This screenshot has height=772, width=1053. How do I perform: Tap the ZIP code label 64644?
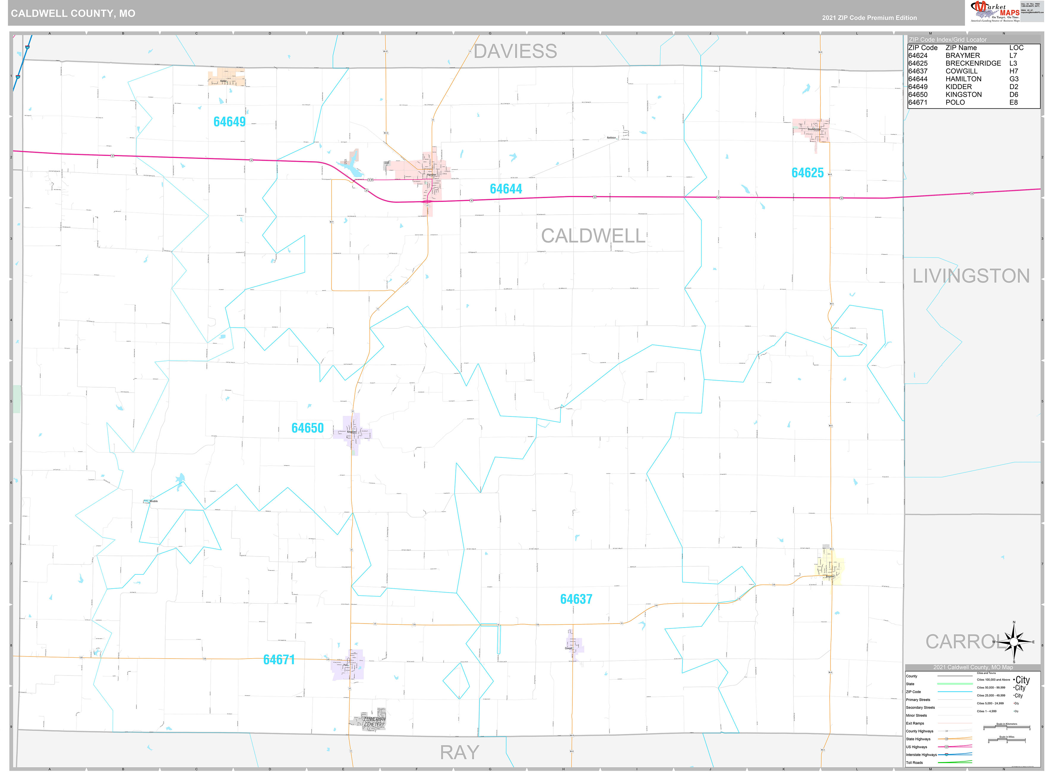click(x=506, y=189)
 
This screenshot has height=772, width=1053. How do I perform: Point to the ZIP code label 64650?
click(x=307, y=428)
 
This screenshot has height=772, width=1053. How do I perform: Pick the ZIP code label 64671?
click(x=279, y=659)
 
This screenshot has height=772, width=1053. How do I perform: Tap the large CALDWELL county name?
click(x=593, y=236)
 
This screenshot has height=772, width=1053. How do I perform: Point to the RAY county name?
click(x=460, y=752)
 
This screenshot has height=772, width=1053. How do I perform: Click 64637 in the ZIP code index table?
click(x=918, y=71)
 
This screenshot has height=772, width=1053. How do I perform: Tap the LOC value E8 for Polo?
click(x=1013, y=102)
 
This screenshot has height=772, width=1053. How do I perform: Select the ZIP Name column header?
click(x=961, y=48)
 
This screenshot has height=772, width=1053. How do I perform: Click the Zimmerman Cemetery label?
click(x=374, y=722)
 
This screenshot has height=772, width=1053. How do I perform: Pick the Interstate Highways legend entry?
click(x=921, y=755)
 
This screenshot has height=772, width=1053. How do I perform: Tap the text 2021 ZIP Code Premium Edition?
click(x=869, y=18)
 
